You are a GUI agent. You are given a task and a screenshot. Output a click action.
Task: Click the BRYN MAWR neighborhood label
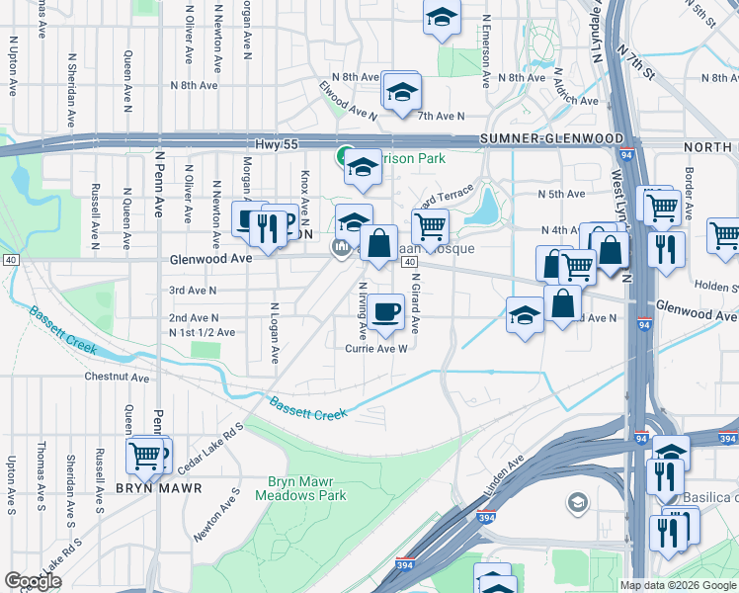click(x=159, y=488)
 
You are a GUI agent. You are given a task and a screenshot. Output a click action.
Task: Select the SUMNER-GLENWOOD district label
click(x=552, y=139)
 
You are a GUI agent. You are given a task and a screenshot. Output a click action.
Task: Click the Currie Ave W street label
click(x=376, y=348)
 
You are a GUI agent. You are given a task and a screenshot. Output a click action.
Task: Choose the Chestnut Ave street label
click(x=116, y=377)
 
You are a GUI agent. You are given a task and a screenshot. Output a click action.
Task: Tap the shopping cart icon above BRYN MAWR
click(x=144, y=456)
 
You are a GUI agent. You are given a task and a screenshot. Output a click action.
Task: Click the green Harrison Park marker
click(x=343, y=156)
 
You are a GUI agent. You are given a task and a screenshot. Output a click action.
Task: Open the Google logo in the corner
click(x=33, y=581)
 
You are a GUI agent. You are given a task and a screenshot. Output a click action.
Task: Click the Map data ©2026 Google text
click(x=678, y=585)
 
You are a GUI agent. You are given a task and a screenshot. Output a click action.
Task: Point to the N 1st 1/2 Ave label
click(x=202, y=333)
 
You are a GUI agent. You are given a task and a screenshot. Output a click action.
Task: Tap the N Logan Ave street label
click(x=276, y=333)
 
